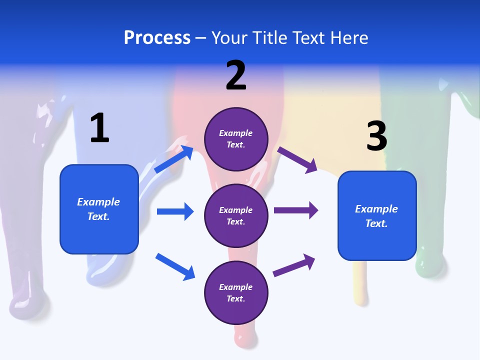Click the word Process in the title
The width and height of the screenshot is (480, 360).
click(x=157, y=37)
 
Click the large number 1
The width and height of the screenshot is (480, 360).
click(x=99, y=128)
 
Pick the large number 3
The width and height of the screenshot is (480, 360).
click(x=376, y=136)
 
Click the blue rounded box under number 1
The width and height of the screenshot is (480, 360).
click(x=99, y=209)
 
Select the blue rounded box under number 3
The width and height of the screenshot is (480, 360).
click(x=376, y=216)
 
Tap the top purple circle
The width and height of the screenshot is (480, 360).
click(x=236, y=139)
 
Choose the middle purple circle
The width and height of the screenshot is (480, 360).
click(x=236, y=216)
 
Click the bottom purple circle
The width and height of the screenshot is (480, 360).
click(x=236, y=292)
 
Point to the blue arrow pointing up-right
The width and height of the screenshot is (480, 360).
click(x=174, y=159)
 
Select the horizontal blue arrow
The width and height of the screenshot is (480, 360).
click(x=175, y=211)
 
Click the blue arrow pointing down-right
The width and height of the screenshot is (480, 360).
click(x=175, y=266)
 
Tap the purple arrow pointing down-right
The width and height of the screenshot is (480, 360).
click(x=297, y=159)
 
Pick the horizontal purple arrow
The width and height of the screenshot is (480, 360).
click(x=296, y=210)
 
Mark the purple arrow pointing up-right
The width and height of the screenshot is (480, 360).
click(x=294, y=265)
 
